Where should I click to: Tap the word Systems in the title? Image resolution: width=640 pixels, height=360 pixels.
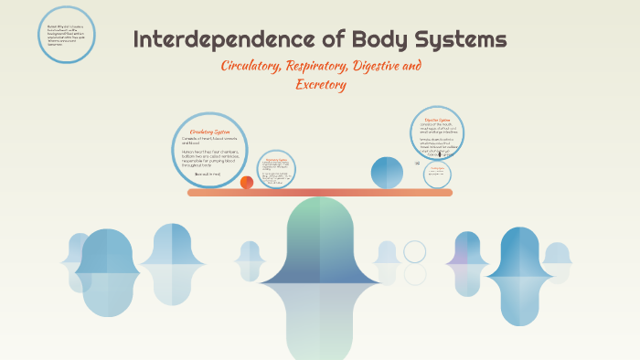(x=453, y=40)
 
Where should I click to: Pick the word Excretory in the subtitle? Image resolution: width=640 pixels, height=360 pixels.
(x=321, y=85)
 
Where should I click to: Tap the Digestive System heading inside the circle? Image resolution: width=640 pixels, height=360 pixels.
(x=437, y=120)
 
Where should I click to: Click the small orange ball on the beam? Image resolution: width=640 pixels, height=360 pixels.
(x=247, y=182)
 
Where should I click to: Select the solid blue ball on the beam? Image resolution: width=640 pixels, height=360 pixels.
(x=387, y=173)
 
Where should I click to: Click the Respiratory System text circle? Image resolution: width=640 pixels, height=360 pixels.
(x=276, y=169)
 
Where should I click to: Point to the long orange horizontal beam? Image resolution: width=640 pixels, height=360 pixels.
(x=320, y=193)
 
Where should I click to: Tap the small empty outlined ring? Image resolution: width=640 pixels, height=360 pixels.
(x=415, y=251)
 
